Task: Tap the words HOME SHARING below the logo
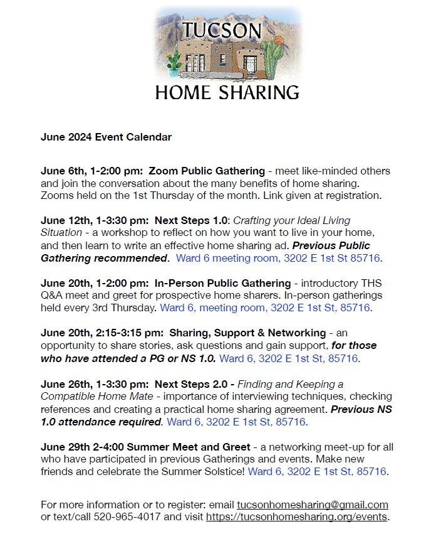click(x=227, y=92)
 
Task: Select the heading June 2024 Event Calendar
click(x=106, y=137)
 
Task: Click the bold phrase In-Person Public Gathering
click(x=219, y=283)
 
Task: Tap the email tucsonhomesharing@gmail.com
click(x=312, y=505)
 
